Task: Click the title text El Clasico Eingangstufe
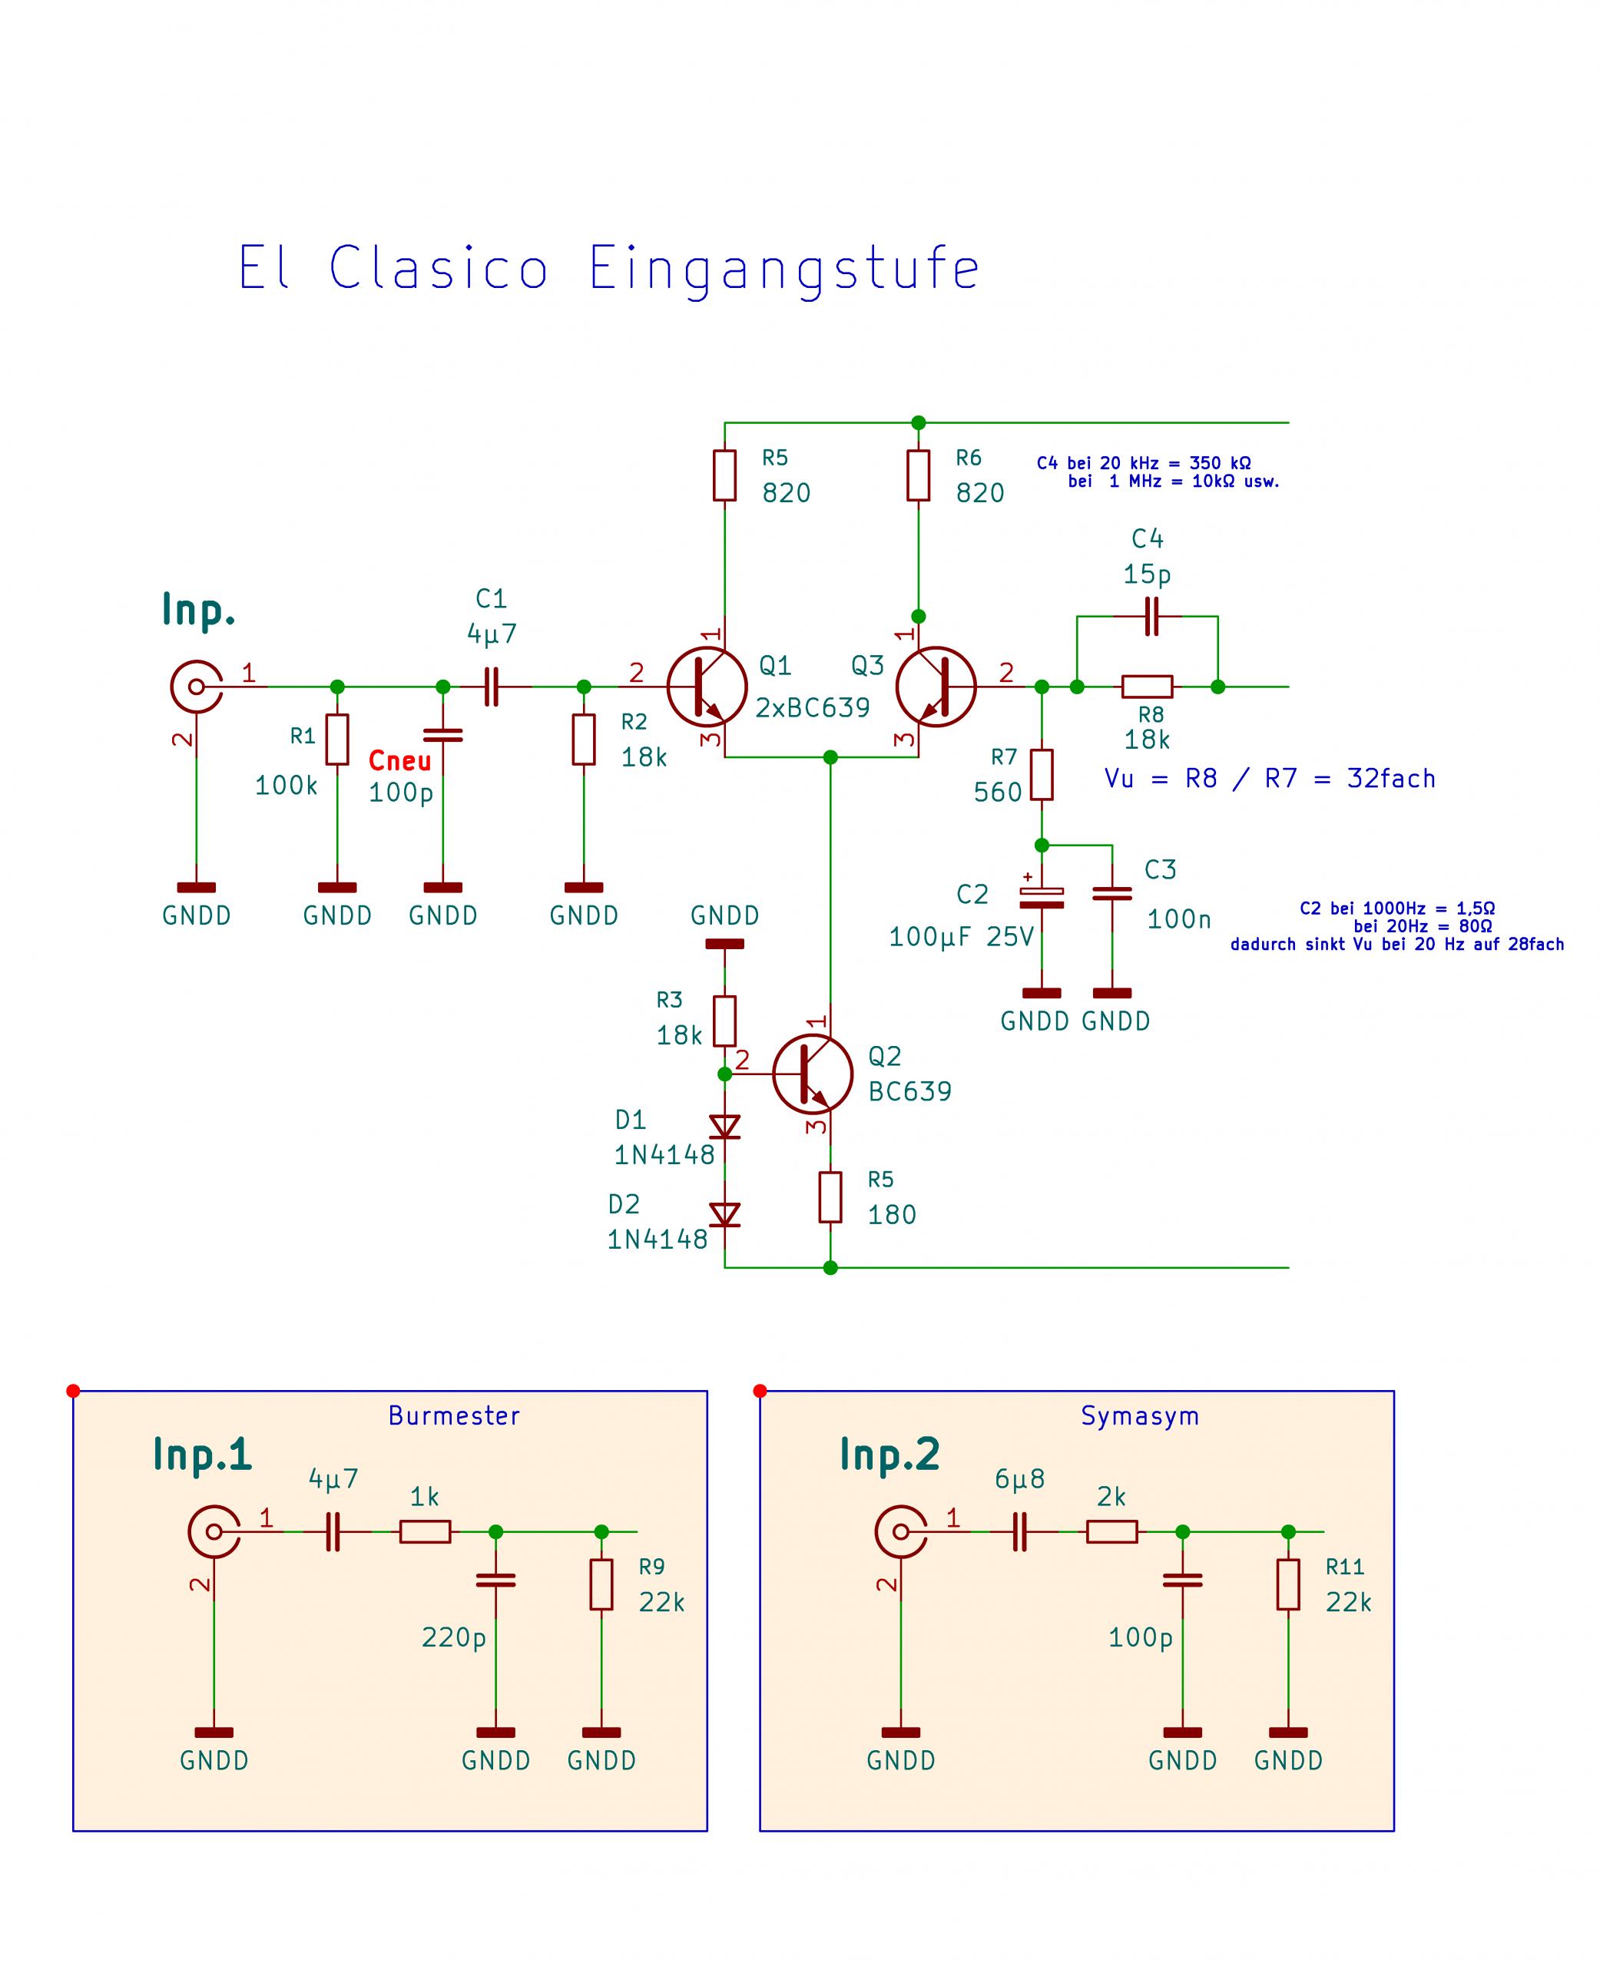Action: [608, 268]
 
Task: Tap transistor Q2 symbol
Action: [812, 1074]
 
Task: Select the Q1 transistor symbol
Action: [707, 687]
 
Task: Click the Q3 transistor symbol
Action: [936, 687]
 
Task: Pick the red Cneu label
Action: [400, 761]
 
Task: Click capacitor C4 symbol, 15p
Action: [1150, 617]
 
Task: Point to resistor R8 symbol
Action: [1148, 687]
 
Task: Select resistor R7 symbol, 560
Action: [1042, 775]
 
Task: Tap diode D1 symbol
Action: [725, 1127]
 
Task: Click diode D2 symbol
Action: [725, 1214]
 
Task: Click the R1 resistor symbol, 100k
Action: [337, 740]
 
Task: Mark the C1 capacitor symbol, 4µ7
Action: [492, 687]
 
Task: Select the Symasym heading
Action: [1140, 1416]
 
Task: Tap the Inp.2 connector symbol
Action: [900, 1532]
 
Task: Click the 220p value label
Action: [453, 1638]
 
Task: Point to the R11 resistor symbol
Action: [1288, 1584]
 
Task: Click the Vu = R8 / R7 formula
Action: [1270, 779]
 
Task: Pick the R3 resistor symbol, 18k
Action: [725, 1021]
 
